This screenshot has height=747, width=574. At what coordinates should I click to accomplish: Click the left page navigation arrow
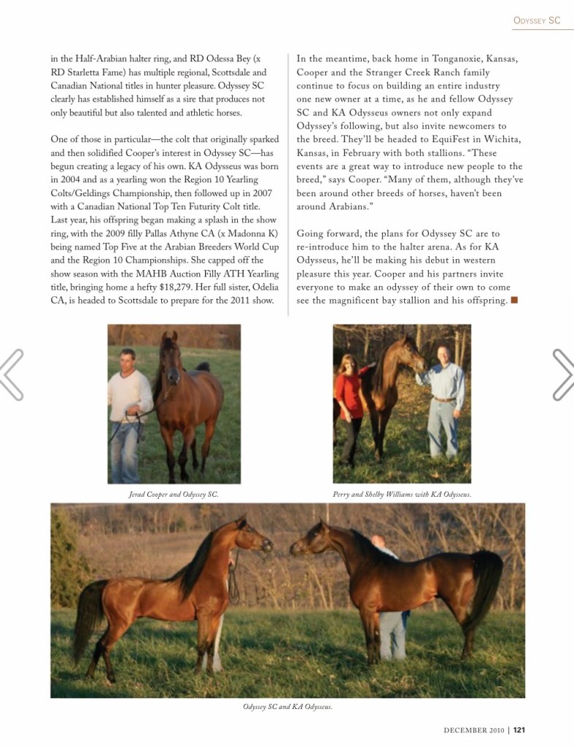click(x=12, y=374)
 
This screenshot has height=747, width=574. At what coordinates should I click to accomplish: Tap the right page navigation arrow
click(x=562, y=374)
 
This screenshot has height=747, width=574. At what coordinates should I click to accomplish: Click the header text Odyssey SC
click(x=536, y=21)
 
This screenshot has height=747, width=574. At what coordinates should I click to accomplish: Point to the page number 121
click(x=519, y=729)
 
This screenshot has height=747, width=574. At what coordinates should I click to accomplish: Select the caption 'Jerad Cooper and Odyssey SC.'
click(x=174, y=495)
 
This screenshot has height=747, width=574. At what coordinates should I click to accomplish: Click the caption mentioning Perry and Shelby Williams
click(x=402, y=495)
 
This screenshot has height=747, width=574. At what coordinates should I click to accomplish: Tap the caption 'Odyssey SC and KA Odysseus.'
click(x=287, y=707)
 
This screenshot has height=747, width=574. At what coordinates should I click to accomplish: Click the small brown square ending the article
click(x=514, y=300)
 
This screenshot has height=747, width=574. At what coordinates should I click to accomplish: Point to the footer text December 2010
click(x=473, y=729)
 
